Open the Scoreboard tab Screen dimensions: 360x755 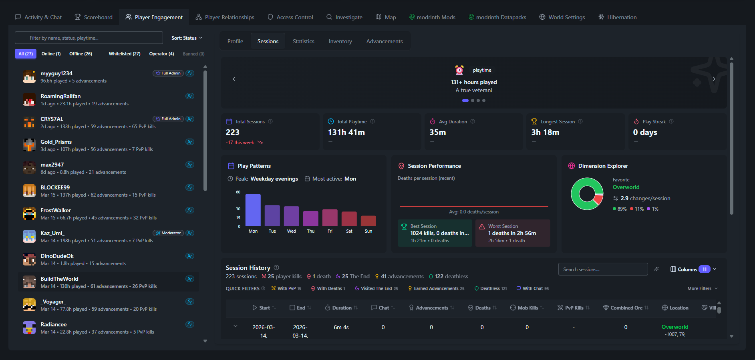click(94, 17)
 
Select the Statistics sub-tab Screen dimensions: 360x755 click(303, 41)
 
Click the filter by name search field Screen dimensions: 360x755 click(89, 38)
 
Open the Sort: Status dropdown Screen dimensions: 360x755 click(187, 38)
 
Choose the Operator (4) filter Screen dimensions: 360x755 click(161, 54)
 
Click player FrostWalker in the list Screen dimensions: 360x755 click(56, 210)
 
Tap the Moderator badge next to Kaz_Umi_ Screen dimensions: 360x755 click(168, 233)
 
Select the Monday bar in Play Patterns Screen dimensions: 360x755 click(253, 210)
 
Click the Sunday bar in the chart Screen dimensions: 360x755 click(368, 221)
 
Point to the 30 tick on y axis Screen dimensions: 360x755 click(238, 209)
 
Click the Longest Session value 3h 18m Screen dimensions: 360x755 click(545, 132)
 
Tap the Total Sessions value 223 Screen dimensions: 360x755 click(233, 132)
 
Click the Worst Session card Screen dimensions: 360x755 click(512, 233)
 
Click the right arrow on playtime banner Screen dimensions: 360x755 click(714, 79)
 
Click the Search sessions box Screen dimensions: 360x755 click(602, 269)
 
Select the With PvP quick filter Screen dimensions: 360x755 click(286, 288)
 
